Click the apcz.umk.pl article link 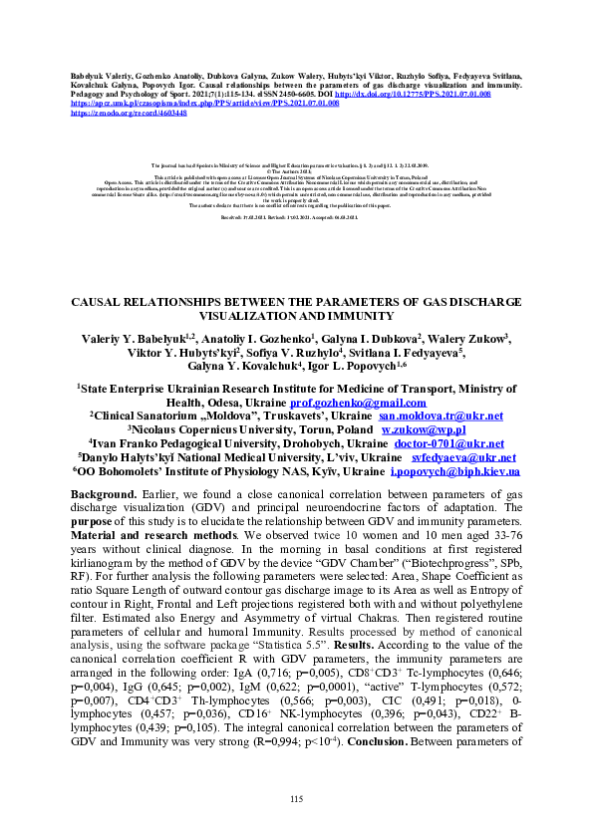[x=184, y=104]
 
